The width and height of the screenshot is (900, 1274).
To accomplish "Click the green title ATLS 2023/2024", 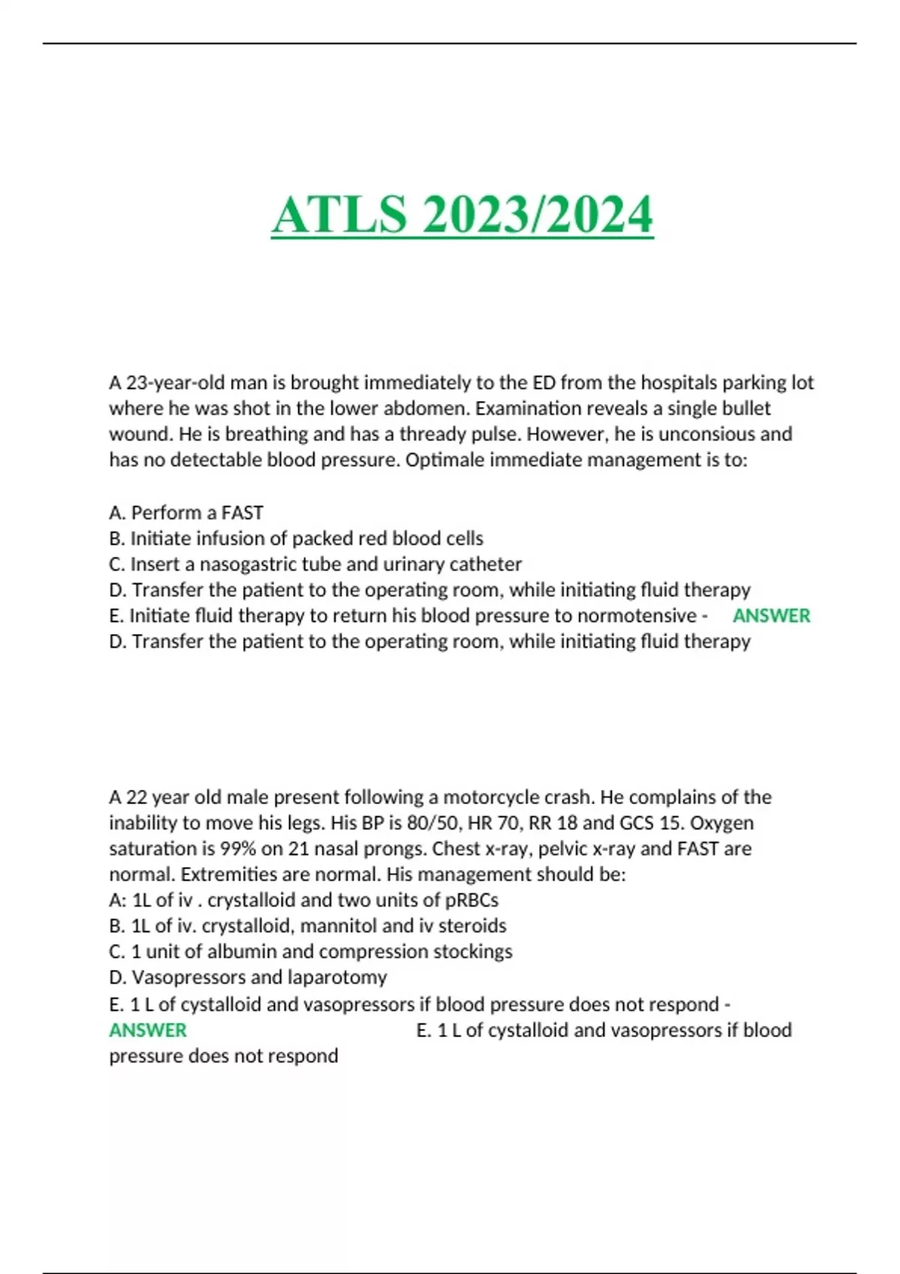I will click(462, 215).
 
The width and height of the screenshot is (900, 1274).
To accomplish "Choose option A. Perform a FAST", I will click(186, 513).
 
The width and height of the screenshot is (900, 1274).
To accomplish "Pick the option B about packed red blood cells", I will click(296, 538).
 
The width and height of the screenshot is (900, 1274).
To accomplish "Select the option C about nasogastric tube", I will click(315, 564).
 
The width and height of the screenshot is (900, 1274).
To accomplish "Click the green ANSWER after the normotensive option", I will click(771, 616).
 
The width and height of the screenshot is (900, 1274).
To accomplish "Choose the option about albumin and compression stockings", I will click(310, 951).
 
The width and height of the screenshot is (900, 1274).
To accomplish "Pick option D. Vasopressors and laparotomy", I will click(247, 977).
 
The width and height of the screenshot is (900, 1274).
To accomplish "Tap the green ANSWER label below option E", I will click(148, 1030).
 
